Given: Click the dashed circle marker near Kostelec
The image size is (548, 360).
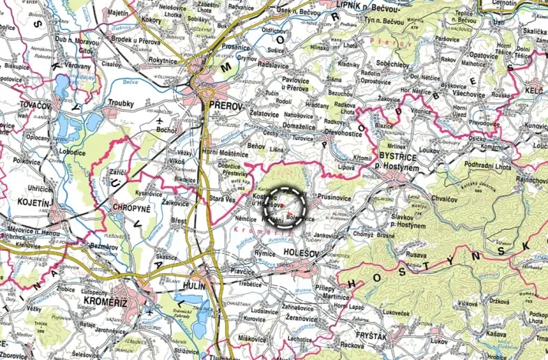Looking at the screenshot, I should [x=290, y=205].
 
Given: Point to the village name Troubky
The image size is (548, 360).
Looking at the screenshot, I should [x=122, y=103].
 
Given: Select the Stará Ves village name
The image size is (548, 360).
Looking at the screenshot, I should [x=223, y=198].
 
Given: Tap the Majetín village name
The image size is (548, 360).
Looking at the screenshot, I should [x=118, y=13].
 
